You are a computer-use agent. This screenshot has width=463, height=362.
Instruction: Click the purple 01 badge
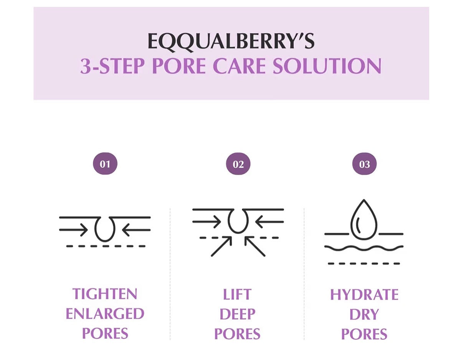(105, 164)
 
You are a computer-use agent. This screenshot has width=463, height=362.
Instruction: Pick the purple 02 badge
(238, 164)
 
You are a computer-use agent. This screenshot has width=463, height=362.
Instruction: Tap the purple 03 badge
(364, 164)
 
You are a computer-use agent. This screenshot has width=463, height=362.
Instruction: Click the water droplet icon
(364, 217)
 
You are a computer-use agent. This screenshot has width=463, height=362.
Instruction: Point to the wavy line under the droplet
(364, 248)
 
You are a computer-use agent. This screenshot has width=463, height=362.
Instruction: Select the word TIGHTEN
(105, 294)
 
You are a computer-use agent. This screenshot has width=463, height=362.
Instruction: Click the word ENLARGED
(105, 314)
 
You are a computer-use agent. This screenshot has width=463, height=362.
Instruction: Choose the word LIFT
(237, 295)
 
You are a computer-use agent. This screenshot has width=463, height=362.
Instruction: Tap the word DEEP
(237, 314)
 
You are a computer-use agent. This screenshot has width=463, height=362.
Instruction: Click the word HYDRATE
(364, 295)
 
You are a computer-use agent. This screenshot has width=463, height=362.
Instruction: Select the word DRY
(364, 314)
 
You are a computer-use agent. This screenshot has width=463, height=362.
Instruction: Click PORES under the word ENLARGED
(105, 334)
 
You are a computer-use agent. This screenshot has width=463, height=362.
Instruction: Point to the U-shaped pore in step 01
(105, 229)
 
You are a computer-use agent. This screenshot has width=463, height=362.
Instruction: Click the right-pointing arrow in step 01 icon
(74, 230)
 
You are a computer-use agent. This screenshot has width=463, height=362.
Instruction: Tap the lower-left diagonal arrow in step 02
(222, 246)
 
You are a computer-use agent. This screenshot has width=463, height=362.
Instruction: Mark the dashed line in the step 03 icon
(364, 264)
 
